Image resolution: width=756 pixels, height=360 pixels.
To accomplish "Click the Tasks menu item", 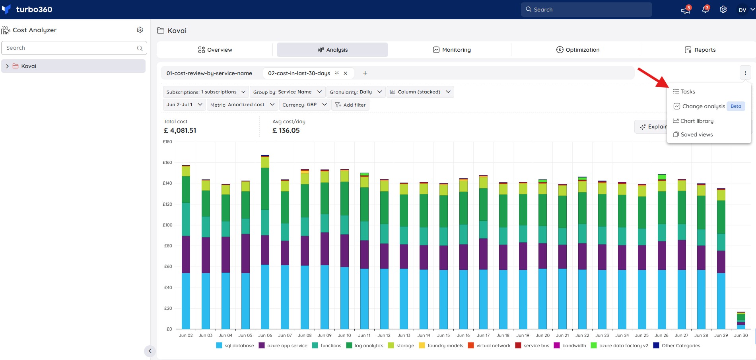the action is pyautogui.click(x=684, y=91).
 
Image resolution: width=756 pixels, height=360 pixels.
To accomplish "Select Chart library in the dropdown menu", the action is pyautogui.click(x=693, y=121).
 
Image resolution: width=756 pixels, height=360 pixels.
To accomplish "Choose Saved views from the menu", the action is pyautogui.click(x=693, y=134).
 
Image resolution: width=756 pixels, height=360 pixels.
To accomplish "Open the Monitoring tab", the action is pyautogui.click(x=452, y=50).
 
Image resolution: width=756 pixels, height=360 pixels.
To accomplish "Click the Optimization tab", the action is pyautogui.click(x=578, y=50).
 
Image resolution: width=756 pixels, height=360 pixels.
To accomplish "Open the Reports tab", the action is pyautogui.click(x=700, y=50).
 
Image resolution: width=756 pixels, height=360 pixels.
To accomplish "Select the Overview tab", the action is pyautogui.click(x=215, y=50).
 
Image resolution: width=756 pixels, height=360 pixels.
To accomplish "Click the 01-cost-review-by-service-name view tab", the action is pyautogui.click(x=209, y=73).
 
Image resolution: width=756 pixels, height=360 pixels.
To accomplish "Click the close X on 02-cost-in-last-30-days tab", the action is pyautogui.click(x=346, y=73).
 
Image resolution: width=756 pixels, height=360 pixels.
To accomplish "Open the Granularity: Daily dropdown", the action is pyautogui.click(x=356, y=92).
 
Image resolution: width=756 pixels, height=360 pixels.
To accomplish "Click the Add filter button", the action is pyautogui.click(x=350, y=105).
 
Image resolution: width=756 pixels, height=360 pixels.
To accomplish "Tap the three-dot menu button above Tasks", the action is pyautogui.click(x=745, y=73).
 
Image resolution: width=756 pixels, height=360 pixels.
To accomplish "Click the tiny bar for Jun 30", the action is pyautogui.click(x=741, y=321).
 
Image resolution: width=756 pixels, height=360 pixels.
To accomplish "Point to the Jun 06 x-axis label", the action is pyautogui.click(x=265, y=335).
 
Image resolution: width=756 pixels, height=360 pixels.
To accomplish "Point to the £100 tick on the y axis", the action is pyautogui.click(x=167, y=225).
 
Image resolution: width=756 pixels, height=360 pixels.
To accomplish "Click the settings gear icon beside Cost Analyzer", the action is pyautogui.click(x=140, y=30).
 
